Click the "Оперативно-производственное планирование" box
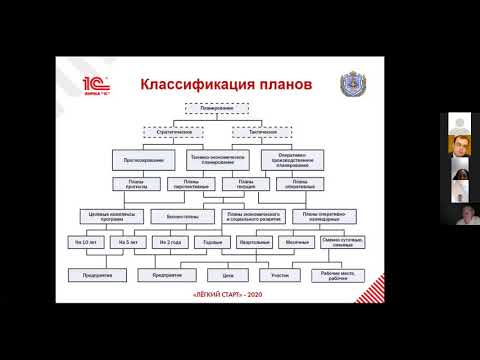tap(290, 158)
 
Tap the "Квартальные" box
tap(255, 242)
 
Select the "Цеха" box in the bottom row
tap(227, 273)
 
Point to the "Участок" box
tap(280, 273)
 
